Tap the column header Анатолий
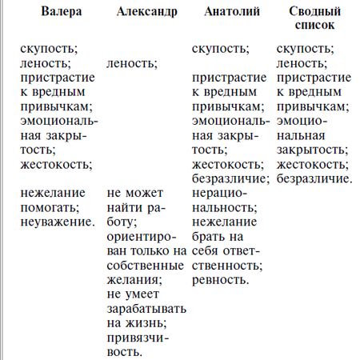[x=230, y=14]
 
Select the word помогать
[x=52, y=208]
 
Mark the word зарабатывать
[x=146, y=309]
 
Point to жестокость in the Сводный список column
[x=313, y=164]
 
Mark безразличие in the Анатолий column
[x=230, y=178]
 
